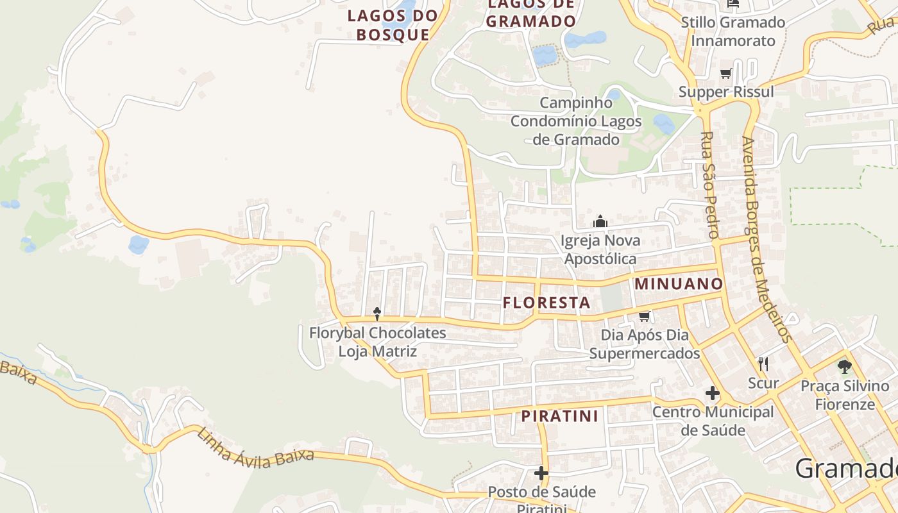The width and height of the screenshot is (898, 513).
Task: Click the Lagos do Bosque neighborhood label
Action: click(393, 25)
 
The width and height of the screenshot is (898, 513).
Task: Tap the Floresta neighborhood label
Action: click(546, 303)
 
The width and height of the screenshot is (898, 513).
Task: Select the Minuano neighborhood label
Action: click(679, 283)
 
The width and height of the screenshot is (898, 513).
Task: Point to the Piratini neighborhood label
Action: click(559, 416)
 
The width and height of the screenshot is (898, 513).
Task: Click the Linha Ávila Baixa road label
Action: click(255, 449)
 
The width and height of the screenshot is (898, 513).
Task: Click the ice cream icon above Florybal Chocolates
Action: click(377, 314)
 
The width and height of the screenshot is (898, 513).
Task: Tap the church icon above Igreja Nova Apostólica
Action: click(600, 222)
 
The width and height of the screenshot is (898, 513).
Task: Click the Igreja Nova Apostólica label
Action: click(600, 249)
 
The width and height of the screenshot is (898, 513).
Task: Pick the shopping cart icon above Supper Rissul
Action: click(726, 73)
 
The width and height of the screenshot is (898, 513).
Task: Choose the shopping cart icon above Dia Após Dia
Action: click(645, 316)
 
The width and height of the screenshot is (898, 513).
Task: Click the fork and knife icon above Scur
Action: click(763, 364)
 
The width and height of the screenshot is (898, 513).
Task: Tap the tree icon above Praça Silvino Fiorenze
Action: click(845, 367)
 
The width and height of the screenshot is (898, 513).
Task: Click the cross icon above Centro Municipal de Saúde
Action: click(713, 393)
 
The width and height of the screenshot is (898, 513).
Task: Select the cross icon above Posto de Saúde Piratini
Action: click(541, 473)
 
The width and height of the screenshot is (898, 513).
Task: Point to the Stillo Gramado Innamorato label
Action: click(733, 31)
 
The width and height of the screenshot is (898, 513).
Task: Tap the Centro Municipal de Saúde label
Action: click(713, 421)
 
